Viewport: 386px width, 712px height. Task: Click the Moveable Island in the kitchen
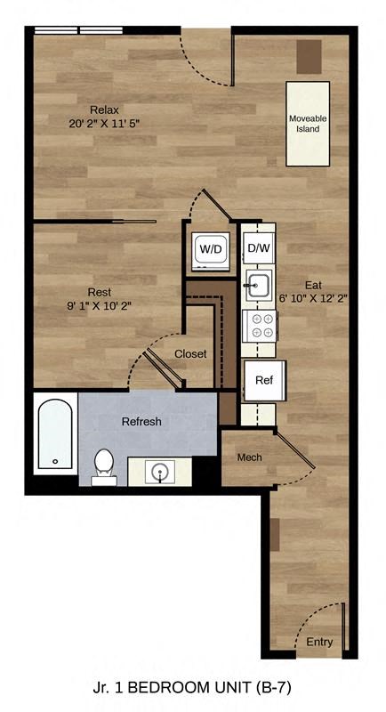[308, 123]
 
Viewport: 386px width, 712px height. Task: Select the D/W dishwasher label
[259, 248]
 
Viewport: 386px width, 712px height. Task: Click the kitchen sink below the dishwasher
[259, 286]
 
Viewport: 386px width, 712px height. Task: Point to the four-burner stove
[262, 325]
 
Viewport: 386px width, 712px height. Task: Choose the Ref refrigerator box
[264, 380]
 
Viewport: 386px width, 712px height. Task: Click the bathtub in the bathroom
[56, 435]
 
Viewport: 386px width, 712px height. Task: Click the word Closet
[190, 353]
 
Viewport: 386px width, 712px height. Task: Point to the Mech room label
[249, 457]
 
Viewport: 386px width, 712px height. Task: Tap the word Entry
[320, 642]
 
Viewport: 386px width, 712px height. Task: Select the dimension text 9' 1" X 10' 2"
[100, 305]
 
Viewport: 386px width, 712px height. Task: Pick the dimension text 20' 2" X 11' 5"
[106, 124]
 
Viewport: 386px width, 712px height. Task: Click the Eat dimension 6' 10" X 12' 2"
[313, 299]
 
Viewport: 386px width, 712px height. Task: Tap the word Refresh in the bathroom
[141, 421]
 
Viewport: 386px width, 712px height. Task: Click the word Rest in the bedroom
[99, 291]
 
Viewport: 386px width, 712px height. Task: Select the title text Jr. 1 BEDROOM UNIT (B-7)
[192, 687]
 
